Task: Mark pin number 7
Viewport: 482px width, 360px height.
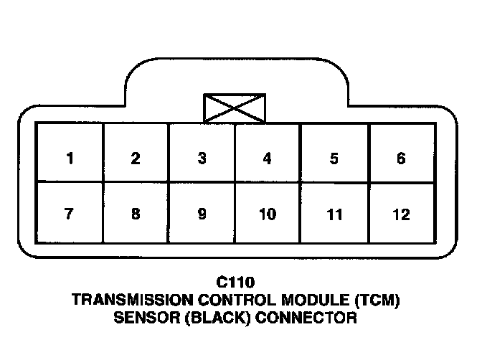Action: click(70, 214)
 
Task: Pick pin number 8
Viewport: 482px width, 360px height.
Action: click(136, 214)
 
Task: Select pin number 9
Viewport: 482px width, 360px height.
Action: click(202, 214)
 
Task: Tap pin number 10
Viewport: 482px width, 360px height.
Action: click(268, 214)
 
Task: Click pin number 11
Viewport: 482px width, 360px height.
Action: click(334, 214)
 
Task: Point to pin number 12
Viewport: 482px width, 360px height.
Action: click(401, 214)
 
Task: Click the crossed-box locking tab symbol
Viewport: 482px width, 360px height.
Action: click(235, 108)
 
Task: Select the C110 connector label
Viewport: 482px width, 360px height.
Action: click(235, 283)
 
